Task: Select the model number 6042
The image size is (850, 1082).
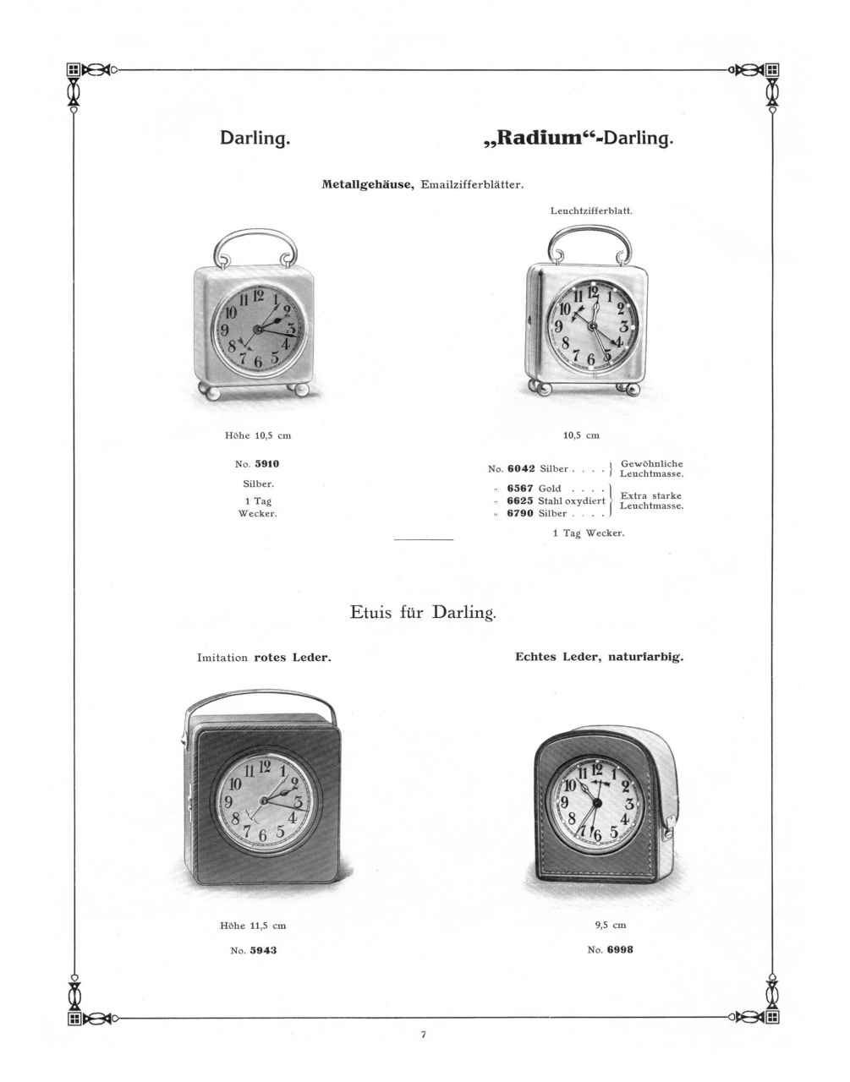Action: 520,468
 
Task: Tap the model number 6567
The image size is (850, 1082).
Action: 520,489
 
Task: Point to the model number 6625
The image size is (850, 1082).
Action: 520,500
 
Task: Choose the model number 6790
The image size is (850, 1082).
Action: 520,513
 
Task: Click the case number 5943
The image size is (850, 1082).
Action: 263,950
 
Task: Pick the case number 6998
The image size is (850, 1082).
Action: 620,949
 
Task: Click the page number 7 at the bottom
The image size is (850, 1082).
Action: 423,1034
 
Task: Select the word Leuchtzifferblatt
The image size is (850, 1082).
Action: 591,210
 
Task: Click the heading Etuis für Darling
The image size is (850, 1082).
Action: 423,611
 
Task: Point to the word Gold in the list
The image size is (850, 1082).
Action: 550,489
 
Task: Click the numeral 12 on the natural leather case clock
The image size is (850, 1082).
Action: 596,769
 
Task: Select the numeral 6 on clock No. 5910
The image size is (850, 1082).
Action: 259,360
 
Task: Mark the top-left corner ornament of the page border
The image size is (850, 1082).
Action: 74,70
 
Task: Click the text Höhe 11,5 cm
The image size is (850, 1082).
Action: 253,926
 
